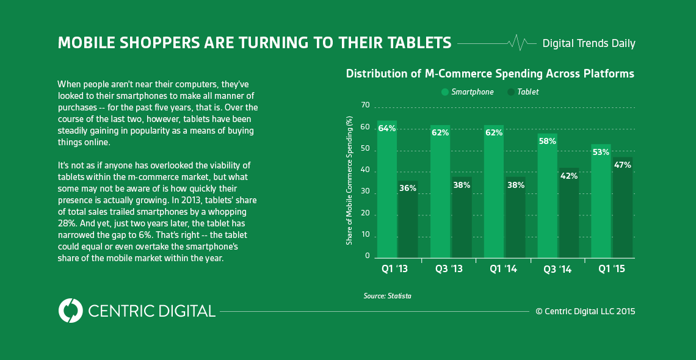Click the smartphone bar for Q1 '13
coord(386,189)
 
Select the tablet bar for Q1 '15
coord(623,207)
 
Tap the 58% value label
coord(547,141)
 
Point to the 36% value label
coord(407,188)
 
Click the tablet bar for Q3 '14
coord(569,214)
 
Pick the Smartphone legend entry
coord(468,92)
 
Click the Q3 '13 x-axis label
coord(450,268)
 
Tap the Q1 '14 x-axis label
coord(504,268)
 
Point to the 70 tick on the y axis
coord(366,106)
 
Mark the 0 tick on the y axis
coord(368,256)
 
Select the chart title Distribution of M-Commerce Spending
coord(490,74)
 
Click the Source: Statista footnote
coord(387,296)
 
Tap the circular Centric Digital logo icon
coord(70,311)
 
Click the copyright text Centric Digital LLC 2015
coord(585,311)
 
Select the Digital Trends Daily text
coord(589,43)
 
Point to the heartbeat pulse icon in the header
coord(517,43)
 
